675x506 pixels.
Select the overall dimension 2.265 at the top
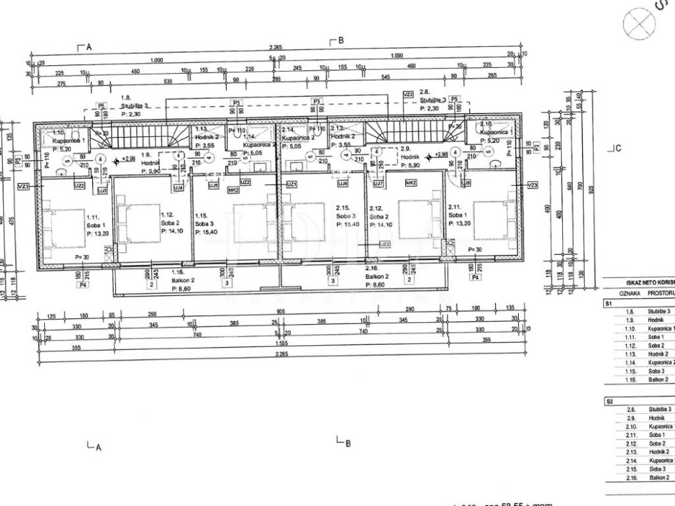click(x=275, y=47)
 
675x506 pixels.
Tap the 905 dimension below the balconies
click(x=279, y=312)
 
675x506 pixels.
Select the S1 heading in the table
click(x=608, y=304)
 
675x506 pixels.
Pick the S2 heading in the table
click(x=608, y=401)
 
